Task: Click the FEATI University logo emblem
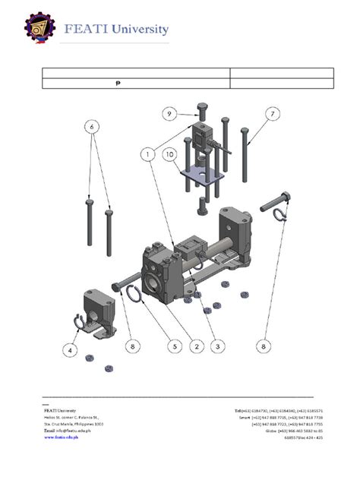point(37,30)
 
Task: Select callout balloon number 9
point(170,114)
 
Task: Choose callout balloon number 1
point(145,152)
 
